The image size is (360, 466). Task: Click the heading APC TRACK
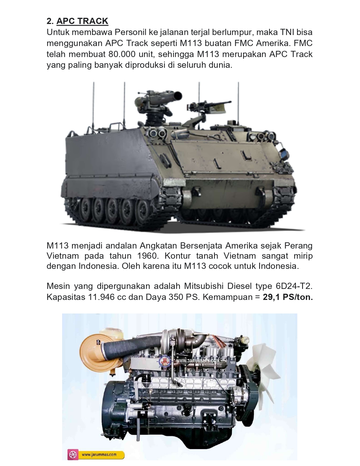82,21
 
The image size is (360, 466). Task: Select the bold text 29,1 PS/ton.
288,297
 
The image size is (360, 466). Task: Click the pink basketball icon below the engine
73,454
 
